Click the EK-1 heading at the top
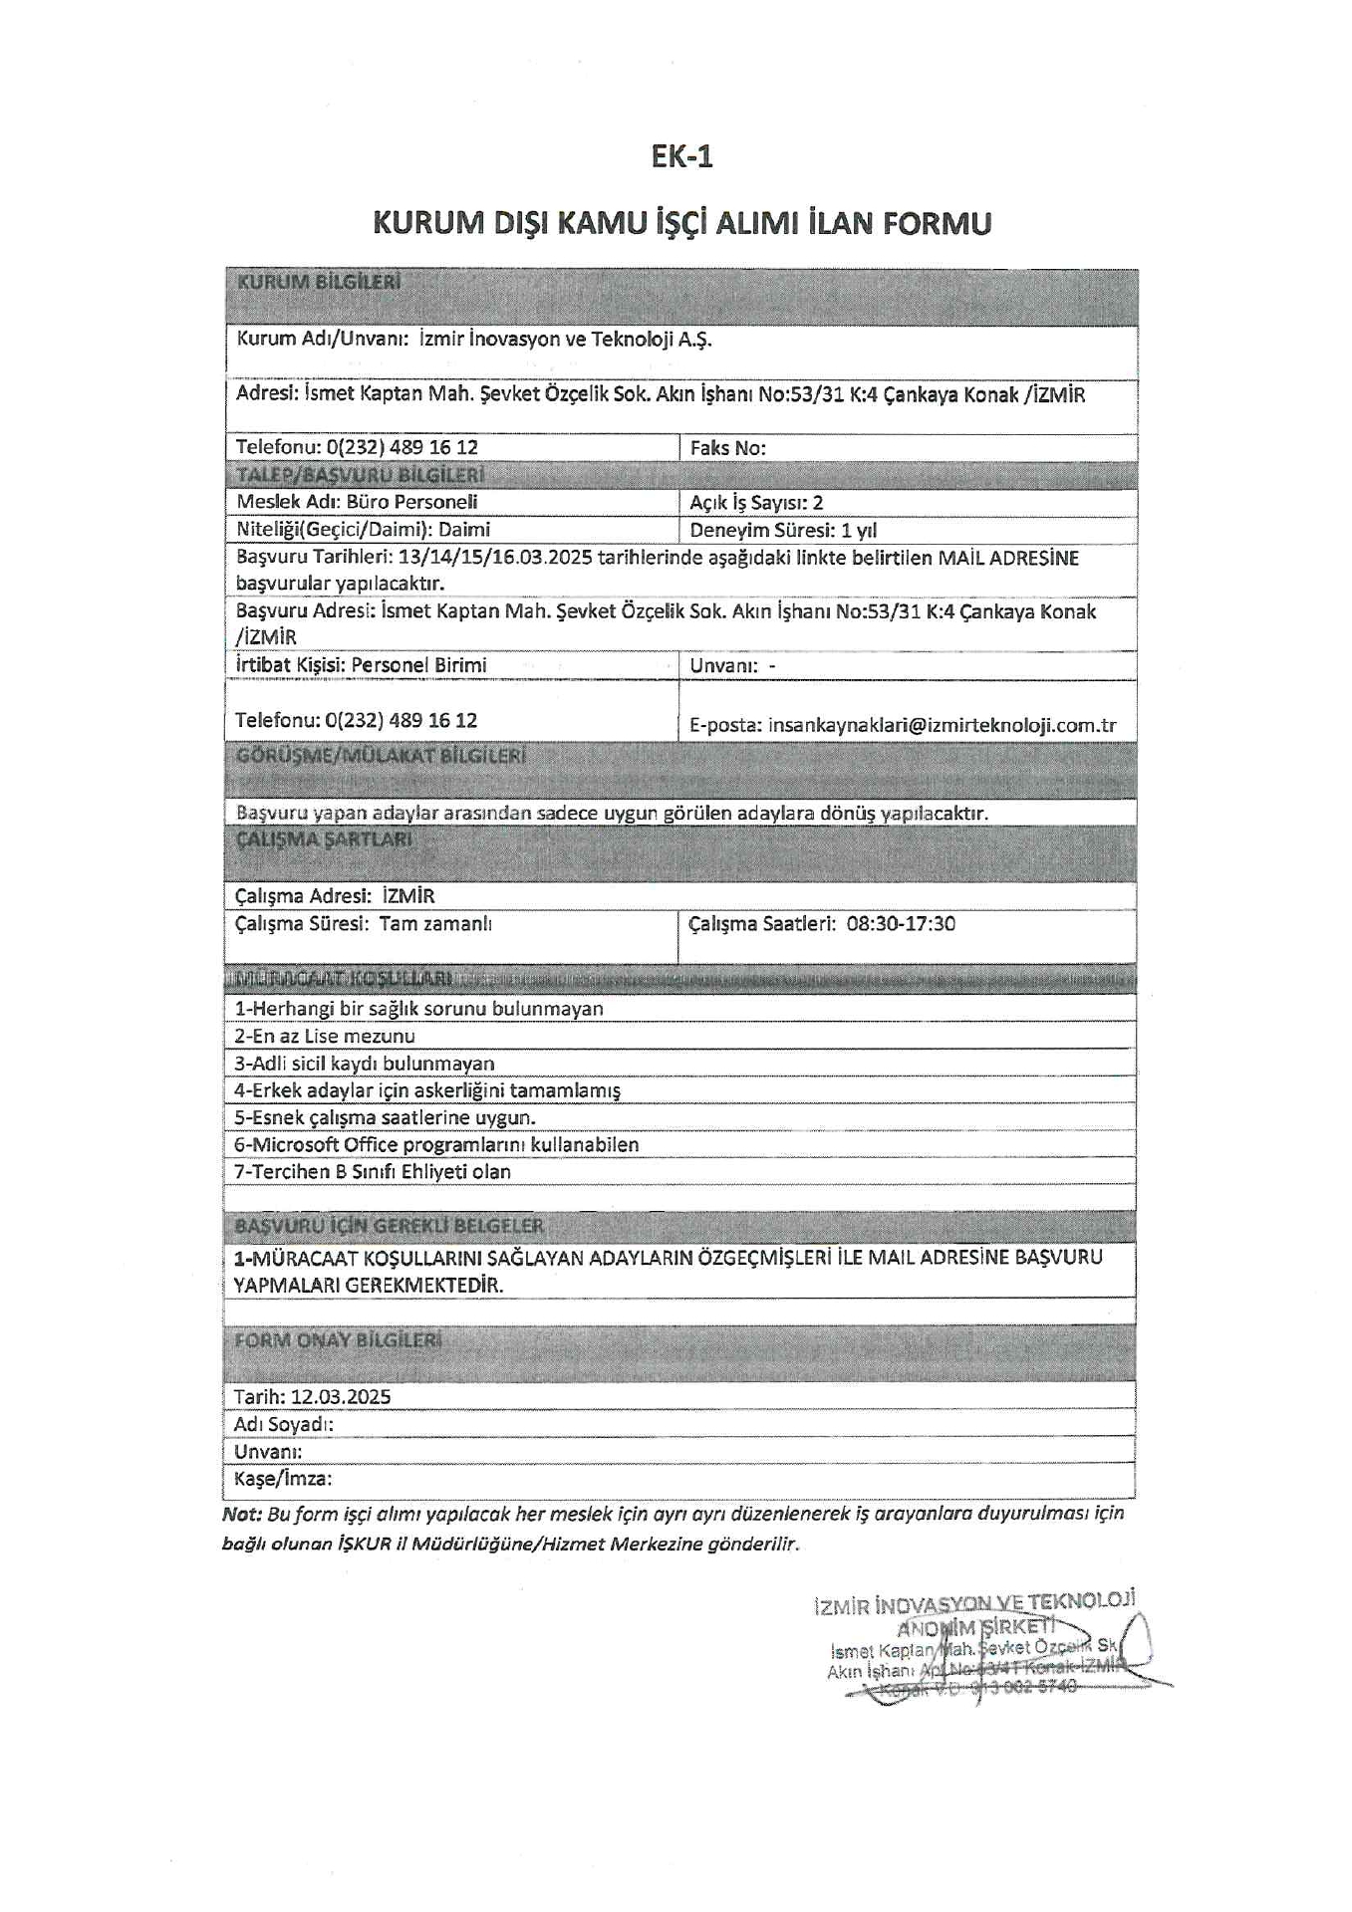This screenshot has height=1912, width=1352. click(x=681, y=157)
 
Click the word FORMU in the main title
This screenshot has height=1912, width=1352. click(x=936, y=222)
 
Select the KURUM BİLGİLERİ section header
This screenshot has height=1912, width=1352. click(x=319, y=283)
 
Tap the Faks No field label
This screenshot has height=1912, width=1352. click(x=727, y=448)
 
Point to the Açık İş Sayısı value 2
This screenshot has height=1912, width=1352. click(x=818, y=503)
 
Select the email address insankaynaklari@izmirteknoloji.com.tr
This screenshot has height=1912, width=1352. click(x=942, y=725)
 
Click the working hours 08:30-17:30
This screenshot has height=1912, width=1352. click(x=901, y=923)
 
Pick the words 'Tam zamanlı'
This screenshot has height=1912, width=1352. click(x=435, y=923)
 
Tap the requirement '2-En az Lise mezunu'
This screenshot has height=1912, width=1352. click(x=325, y=1036)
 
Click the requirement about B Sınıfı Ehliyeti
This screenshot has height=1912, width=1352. click(x=373, y=1172)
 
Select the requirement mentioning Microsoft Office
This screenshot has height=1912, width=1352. click(x=436, y=1145)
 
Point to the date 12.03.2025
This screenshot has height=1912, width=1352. click(x=341, y=1396)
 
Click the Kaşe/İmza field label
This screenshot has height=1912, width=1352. click(x=283, y=1479)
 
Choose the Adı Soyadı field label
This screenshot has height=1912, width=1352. click(x=284, y=1424)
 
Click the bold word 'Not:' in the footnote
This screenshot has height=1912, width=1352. click(x=241, y=1514)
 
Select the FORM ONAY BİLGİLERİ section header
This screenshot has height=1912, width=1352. click(x=338, y=1340)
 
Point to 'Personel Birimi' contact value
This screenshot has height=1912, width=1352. click(x=418, y=664)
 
